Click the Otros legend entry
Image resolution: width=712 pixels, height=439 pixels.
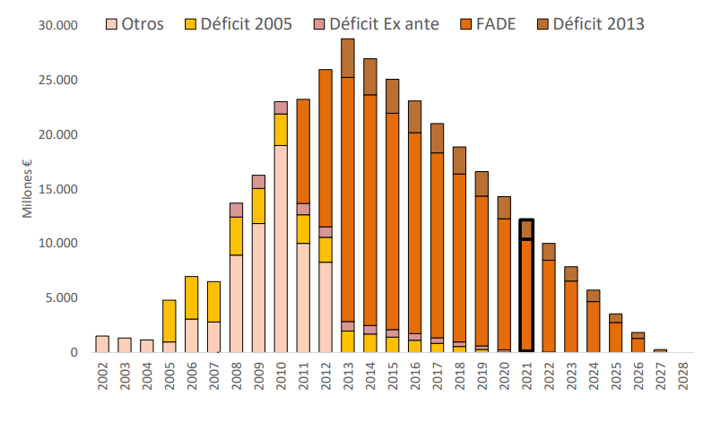135,24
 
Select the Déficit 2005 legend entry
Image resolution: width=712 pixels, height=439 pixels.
239,24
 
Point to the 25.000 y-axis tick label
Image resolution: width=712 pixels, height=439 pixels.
58,80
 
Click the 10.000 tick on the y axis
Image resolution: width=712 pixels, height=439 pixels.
58,243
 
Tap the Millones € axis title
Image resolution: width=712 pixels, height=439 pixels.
27,189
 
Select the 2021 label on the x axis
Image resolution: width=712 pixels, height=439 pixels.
526,375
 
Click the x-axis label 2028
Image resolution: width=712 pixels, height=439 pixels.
683,375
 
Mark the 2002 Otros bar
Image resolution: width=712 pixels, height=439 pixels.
102,344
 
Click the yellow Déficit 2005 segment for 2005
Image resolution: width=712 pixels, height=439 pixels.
169,321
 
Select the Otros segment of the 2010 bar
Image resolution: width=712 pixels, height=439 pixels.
281,249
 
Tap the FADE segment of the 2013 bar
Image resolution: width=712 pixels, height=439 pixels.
348,200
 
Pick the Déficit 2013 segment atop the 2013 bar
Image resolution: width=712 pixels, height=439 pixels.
348,58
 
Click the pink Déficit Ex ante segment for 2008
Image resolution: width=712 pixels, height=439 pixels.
236,211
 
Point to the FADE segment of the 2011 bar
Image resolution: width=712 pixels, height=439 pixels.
303,151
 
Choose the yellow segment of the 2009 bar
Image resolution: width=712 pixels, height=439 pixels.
258,206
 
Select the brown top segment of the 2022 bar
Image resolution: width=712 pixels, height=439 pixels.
549,252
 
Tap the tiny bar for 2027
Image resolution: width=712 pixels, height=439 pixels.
661,351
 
